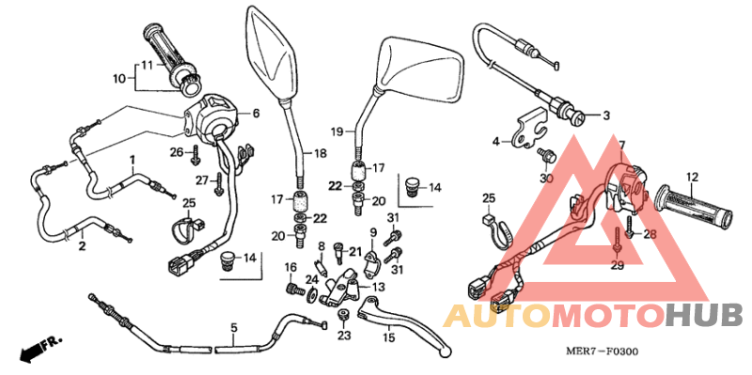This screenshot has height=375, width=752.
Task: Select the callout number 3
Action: coord(605,117)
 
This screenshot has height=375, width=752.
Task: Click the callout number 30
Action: coord(546,178)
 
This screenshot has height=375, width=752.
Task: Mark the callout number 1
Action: coord(133,159)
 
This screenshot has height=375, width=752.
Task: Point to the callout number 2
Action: coord(82,247)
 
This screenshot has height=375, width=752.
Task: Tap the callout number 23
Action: coord(343,336)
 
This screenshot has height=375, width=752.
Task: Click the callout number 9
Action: coord(372,232)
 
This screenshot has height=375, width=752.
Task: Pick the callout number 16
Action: coord(291,268)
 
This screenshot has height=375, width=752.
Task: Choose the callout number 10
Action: coord(119,79)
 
